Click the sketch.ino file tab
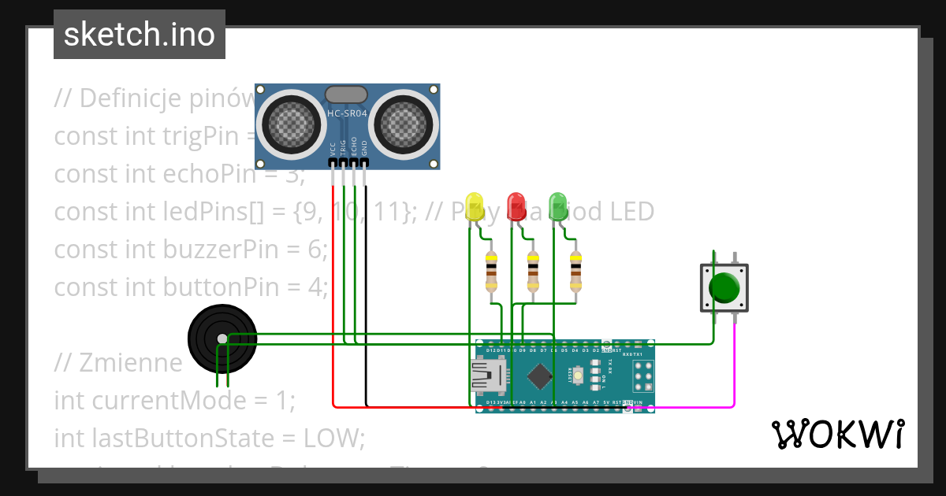(x=140, y=35)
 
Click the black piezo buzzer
(x=222, y=339)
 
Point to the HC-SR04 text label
(x=347, y=113)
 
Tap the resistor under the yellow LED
(x=492, y=272)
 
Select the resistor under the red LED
(x=534, y=272)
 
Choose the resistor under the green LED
(x=575, y=272)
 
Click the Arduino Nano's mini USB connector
(x=486, y=376)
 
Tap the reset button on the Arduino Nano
(x=579, y=376)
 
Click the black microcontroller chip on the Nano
(x=539, y=376)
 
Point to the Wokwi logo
(x=837, y=434)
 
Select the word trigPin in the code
(x=205, y=135)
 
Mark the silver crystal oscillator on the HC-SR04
(x=346, y=94)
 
